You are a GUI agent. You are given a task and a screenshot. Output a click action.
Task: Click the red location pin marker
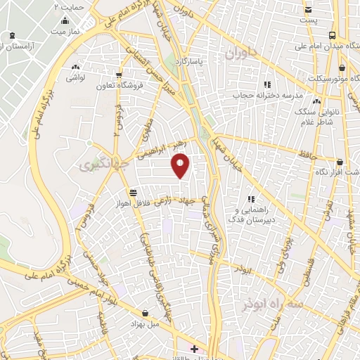coord(181,165)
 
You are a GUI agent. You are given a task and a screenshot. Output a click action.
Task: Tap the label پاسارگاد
coord(213,61)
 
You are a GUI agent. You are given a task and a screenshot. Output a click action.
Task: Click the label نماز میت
coord(64,32)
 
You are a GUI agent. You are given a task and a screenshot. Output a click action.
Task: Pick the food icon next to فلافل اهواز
coord(133,192)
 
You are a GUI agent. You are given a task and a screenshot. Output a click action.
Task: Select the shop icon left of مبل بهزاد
coord(145,313)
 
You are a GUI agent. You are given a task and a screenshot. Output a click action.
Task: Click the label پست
coord(309,20)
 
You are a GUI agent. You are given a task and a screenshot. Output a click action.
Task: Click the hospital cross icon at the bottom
coord(193,348)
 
